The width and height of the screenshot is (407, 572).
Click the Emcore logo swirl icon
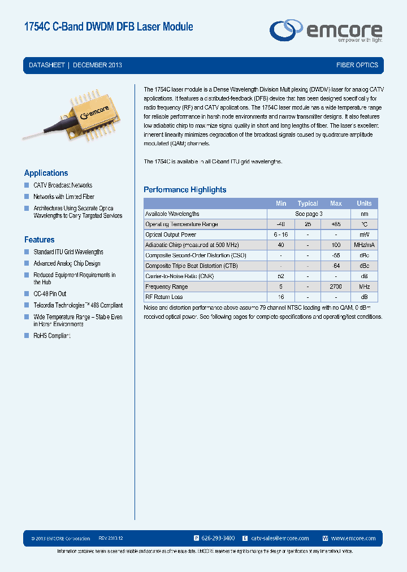[x=286, y=29]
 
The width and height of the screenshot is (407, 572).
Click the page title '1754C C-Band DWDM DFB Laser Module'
[x=109, y=27]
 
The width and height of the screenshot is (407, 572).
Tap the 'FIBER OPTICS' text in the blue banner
[x=357, y=65]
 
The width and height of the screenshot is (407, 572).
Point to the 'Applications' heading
[x=46, y=173]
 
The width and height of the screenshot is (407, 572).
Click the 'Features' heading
[x=39, y=240]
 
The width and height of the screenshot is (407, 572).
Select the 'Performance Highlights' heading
[x=185, y=190]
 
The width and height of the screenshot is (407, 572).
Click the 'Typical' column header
[x=308, y=203]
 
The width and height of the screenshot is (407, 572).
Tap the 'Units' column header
[x=364, y=203]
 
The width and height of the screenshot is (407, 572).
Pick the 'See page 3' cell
[x=309, y=214]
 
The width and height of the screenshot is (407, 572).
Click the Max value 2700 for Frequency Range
[x=336, y=287]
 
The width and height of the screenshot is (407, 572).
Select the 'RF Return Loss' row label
[x=163, y=297]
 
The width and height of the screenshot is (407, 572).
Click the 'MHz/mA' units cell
[x=364, y=245]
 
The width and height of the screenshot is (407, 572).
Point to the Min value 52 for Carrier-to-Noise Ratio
[x=281, y=276]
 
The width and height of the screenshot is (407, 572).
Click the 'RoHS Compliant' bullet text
[x=52, y=336]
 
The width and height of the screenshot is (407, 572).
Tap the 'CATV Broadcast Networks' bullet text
[x=63, y=185]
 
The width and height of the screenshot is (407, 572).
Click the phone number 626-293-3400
[x=218, y=539]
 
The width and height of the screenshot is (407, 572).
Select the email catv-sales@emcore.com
[x=280, y=539]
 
